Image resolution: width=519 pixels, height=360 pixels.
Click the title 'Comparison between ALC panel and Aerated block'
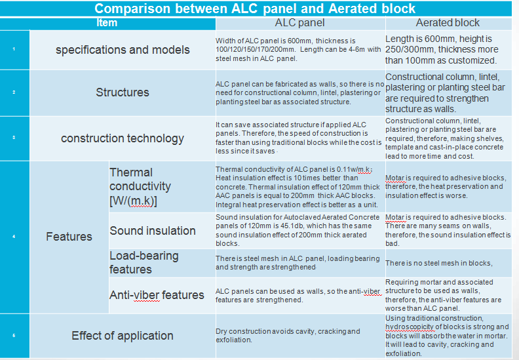point(255,9)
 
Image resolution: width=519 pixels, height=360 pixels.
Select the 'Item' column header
point(107,23)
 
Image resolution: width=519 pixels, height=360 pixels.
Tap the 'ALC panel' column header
point(299,23)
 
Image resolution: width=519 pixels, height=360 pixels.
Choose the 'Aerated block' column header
point(448,23)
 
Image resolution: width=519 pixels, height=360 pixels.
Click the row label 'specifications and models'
point(123,50)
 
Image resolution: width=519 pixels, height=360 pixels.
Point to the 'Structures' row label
point(123,92)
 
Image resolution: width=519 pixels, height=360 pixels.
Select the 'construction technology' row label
point(123,138)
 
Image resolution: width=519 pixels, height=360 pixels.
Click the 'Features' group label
point(69,236)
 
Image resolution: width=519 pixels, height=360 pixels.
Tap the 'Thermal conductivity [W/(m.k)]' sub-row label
point(140,186)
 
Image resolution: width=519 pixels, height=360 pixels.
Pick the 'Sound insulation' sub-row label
point(153,231)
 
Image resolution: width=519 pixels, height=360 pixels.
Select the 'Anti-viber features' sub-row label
point(157,295)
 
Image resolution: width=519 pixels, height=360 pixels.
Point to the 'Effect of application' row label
point(123,336)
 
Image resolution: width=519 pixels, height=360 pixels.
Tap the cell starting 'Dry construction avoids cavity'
point(288,336)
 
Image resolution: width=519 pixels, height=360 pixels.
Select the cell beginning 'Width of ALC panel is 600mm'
point(298,50)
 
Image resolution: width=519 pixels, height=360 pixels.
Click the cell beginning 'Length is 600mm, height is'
point(448,50)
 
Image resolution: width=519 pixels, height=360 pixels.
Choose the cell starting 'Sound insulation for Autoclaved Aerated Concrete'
point(298,230)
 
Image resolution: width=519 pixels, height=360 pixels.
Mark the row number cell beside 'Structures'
point(14,92)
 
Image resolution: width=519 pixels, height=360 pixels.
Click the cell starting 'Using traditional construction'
point(448,336)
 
